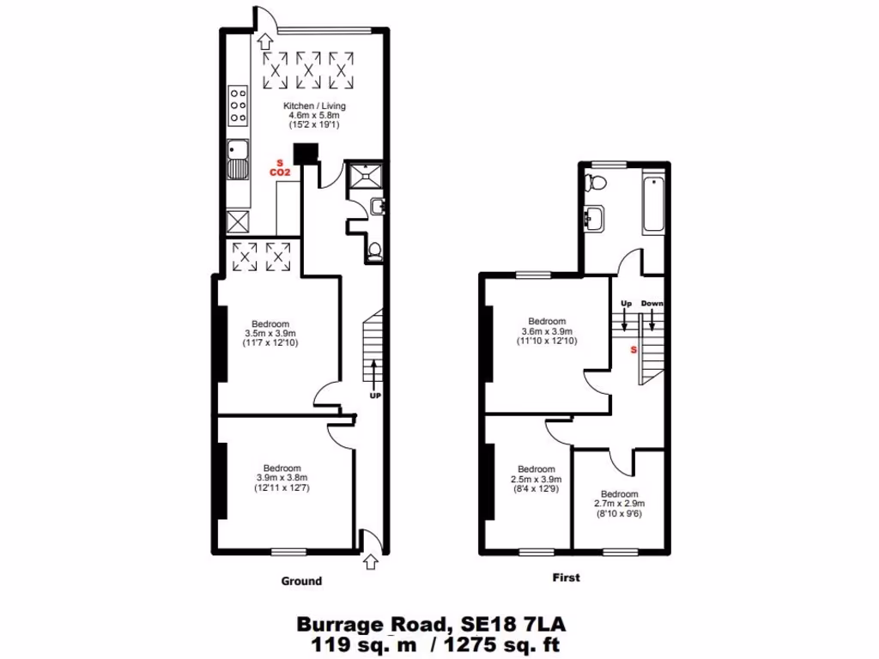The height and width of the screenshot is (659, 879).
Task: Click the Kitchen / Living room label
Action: (305, 106)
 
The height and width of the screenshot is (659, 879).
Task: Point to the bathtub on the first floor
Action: (653, 204)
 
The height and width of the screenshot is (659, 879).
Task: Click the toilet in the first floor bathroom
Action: (595, 181)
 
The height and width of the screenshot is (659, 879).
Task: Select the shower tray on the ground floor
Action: (364, 175)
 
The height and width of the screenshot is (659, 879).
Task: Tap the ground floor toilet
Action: (374, 251)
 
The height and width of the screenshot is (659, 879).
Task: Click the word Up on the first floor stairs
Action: (625, 304)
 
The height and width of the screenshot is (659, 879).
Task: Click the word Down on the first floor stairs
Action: (652, 304)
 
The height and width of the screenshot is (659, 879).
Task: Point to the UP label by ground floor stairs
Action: (374, 396)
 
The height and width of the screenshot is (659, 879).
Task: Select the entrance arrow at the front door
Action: (370, 562)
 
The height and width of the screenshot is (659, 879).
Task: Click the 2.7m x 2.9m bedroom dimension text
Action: (619, 505)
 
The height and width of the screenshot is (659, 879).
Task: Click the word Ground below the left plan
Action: (301, 581)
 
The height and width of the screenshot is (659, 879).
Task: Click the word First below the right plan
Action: (566, 577)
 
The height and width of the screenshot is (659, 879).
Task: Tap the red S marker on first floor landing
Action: (633, 350)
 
